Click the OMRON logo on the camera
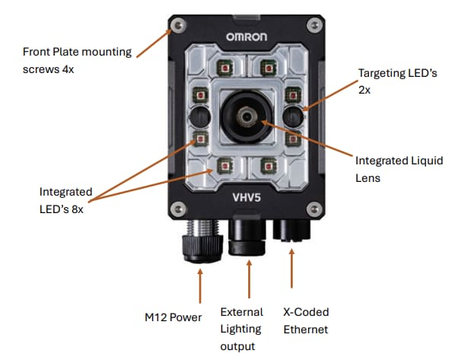coord(247,37)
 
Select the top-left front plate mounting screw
coord(178,25)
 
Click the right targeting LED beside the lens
coord(293,116)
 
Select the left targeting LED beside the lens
coord(200,116)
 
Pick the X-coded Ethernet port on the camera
coord(293,231)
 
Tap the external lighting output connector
coord(248,236)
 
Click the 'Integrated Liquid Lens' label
coord(399,168)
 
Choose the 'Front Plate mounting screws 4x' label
coord(77,60)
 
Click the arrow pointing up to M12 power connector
coord(200,285)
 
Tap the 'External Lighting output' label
coord(241,329)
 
